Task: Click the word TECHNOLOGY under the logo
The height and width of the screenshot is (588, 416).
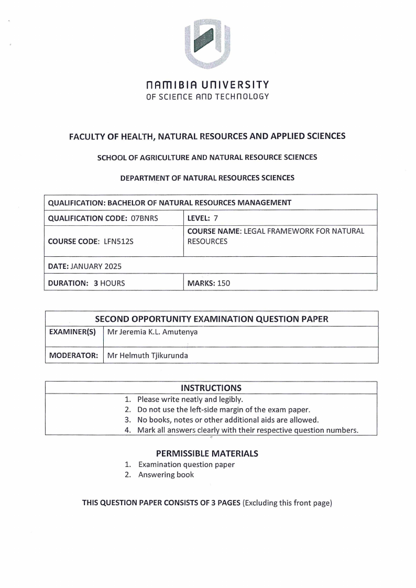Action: click(243, 96)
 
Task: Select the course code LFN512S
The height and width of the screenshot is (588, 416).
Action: click(111, 242)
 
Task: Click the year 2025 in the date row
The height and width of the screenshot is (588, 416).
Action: click(113, 266)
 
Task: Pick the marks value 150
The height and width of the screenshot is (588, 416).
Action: click(224, 284)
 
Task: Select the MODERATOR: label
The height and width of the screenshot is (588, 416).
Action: click(74, 356)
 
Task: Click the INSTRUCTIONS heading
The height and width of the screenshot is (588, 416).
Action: click(211, 388)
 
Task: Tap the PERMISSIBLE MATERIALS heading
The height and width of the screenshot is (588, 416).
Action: click(207, 453)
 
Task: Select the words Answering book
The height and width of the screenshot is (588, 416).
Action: click(166, 475)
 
